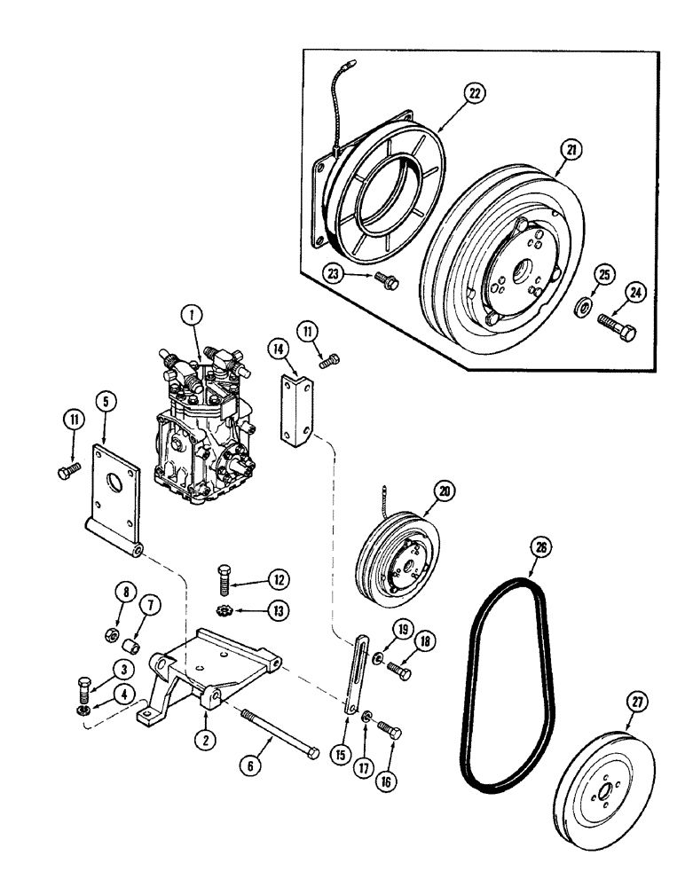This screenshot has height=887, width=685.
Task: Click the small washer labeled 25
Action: click(584, 306)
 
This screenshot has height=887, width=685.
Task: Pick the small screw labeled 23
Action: click(388, 281)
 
